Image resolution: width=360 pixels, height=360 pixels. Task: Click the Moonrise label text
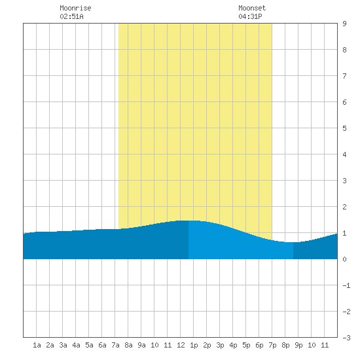[x=75, y=8]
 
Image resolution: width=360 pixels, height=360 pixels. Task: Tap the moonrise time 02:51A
[x=71, y=16]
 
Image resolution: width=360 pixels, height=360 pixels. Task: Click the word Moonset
[x=252, y=8]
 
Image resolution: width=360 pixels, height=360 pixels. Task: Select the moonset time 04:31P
[x=250, y=16]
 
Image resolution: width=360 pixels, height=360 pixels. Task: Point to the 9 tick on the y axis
[x=344, y=24]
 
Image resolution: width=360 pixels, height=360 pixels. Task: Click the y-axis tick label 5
[x=344, y=128]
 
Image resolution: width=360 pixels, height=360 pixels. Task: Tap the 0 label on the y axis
[x=344, y=259]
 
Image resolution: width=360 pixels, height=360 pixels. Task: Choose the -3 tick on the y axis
[x=346, y=338]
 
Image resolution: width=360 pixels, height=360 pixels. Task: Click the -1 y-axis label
[x=346, y=285]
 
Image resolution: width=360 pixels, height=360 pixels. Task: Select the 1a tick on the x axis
[x=37, y=345]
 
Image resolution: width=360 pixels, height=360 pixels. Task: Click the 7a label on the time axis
[x=115, y=345]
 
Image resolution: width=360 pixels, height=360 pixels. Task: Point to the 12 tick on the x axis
[x=181, y=345]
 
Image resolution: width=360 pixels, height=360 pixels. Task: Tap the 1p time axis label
[x=194, y=345]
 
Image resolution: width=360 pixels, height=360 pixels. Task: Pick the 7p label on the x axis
[x=272, y=345]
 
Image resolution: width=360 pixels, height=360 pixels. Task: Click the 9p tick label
[x=298, y=345]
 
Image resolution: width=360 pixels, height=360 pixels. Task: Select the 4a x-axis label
[x=76, y=345]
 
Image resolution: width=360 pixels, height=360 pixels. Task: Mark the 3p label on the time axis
[x=220, y=345]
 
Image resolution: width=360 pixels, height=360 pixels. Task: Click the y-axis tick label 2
[x=344, y=207]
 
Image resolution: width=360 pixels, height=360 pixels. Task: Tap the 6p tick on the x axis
[x=259, y=345]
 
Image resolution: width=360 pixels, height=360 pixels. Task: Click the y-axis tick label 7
[x=344, y=76]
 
